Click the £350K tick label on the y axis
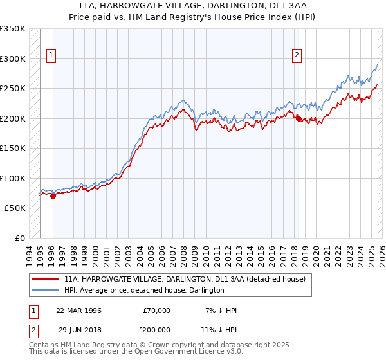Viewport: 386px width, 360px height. pos(13,29)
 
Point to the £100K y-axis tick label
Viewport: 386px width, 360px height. pos(13,178)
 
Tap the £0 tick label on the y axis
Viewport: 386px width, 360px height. pos(19,238)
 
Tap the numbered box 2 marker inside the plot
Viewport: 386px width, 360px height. pos(297,56)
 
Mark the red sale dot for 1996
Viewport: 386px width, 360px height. pos(53,196)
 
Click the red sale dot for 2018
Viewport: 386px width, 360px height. pos(299,118)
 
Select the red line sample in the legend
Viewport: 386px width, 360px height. pos(45,280)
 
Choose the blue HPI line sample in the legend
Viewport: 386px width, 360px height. pos(45,290)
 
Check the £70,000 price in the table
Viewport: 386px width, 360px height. pos(156,310)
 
